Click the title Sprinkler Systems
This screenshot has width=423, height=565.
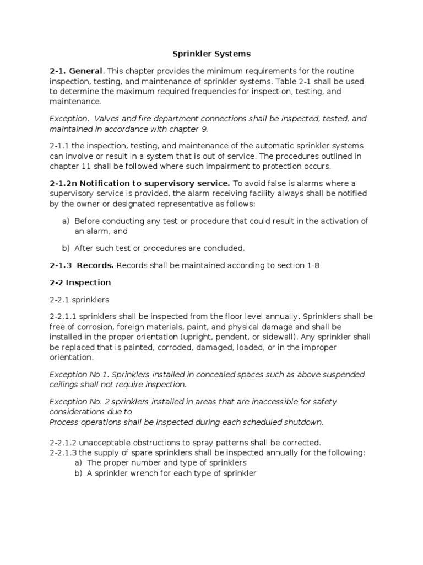(211, 54)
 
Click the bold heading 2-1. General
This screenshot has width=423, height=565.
(76, 71)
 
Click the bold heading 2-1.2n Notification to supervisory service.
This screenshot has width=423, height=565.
(140, 183)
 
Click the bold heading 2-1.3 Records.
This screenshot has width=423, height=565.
(82, 265)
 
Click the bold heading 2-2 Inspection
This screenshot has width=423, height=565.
(80, 282)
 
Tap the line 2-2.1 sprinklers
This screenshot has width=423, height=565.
(79, 300)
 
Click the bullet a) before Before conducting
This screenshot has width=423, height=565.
(66, 221)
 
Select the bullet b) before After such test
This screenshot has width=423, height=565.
(66, 248)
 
